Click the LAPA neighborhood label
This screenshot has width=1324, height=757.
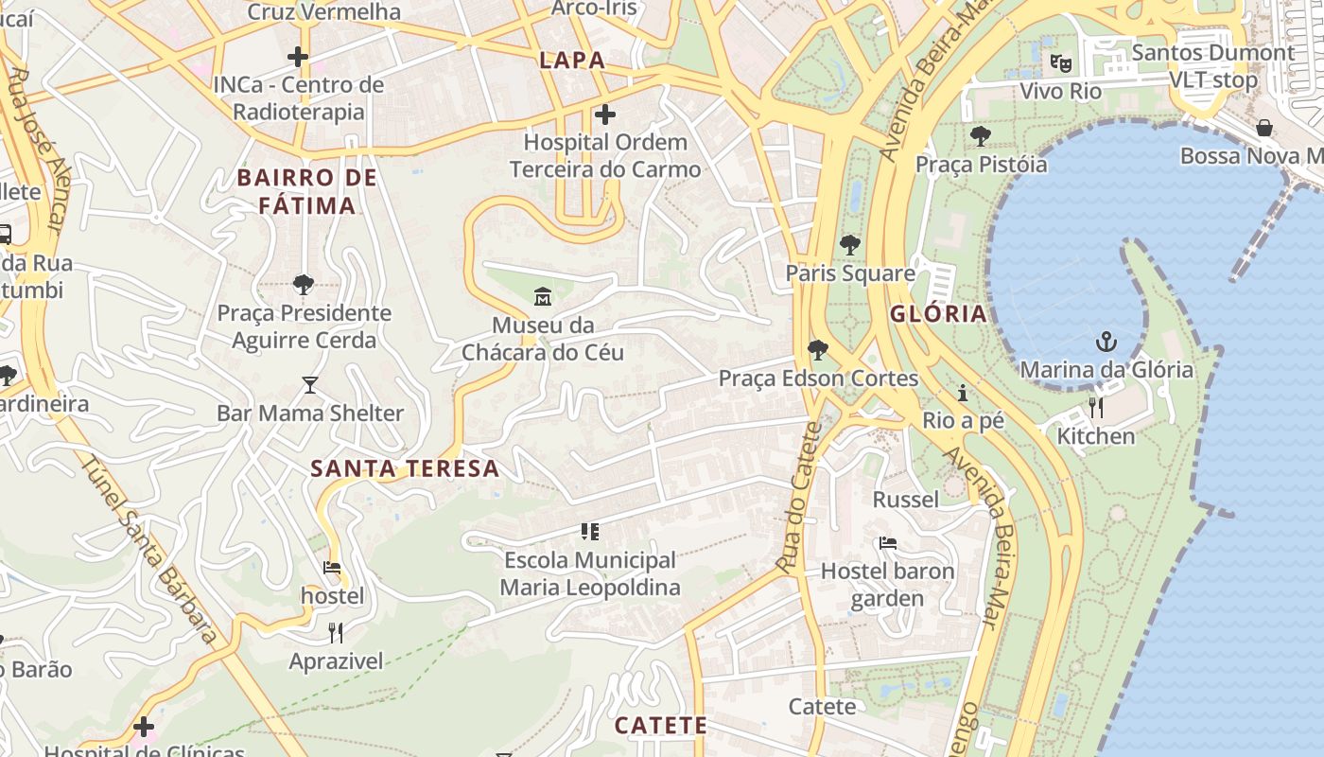[571, 61]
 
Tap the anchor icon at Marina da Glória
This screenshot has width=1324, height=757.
[1106, 342]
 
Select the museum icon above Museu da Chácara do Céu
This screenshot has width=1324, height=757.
[543, 297]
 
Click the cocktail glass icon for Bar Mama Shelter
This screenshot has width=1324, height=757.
[309, 385]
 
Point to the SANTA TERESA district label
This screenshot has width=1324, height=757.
[405, 468]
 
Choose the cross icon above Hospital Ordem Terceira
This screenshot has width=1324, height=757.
[605, 115]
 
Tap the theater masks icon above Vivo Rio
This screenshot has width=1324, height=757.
[1060, 63]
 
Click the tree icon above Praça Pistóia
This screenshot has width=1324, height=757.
[981, 136]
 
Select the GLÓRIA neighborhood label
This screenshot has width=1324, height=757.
[937, 314]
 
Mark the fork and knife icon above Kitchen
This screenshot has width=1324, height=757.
[1096, 408]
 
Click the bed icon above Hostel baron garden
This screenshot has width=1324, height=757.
[887, 543]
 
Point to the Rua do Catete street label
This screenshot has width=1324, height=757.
[799, 497]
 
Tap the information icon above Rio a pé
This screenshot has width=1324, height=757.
[963, 393]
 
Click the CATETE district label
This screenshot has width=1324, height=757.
[660, 726]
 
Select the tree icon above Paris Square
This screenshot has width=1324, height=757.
[850, 245]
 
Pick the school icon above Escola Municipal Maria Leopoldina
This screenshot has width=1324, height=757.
[590, 532]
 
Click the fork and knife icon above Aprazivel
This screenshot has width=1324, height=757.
[336, 632]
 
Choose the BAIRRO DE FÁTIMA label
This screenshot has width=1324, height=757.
[306, 191]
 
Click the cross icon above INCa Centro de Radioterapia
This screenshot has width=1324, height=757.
[298, 57]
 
